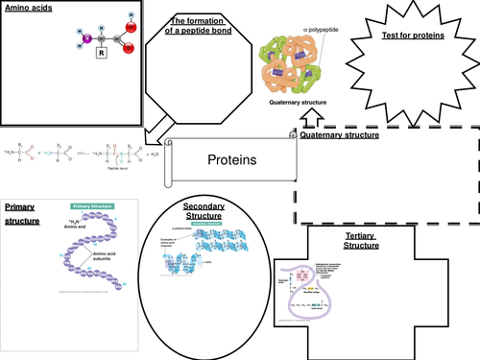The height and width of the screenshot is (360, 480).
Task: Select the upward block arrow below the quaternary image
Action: click(309, 118)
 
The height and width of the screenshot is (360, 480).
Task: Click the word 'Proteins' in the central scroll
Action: click(232, 160)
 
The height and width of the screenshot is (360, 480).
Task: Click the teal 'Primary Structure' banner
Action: click(94, 204)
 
